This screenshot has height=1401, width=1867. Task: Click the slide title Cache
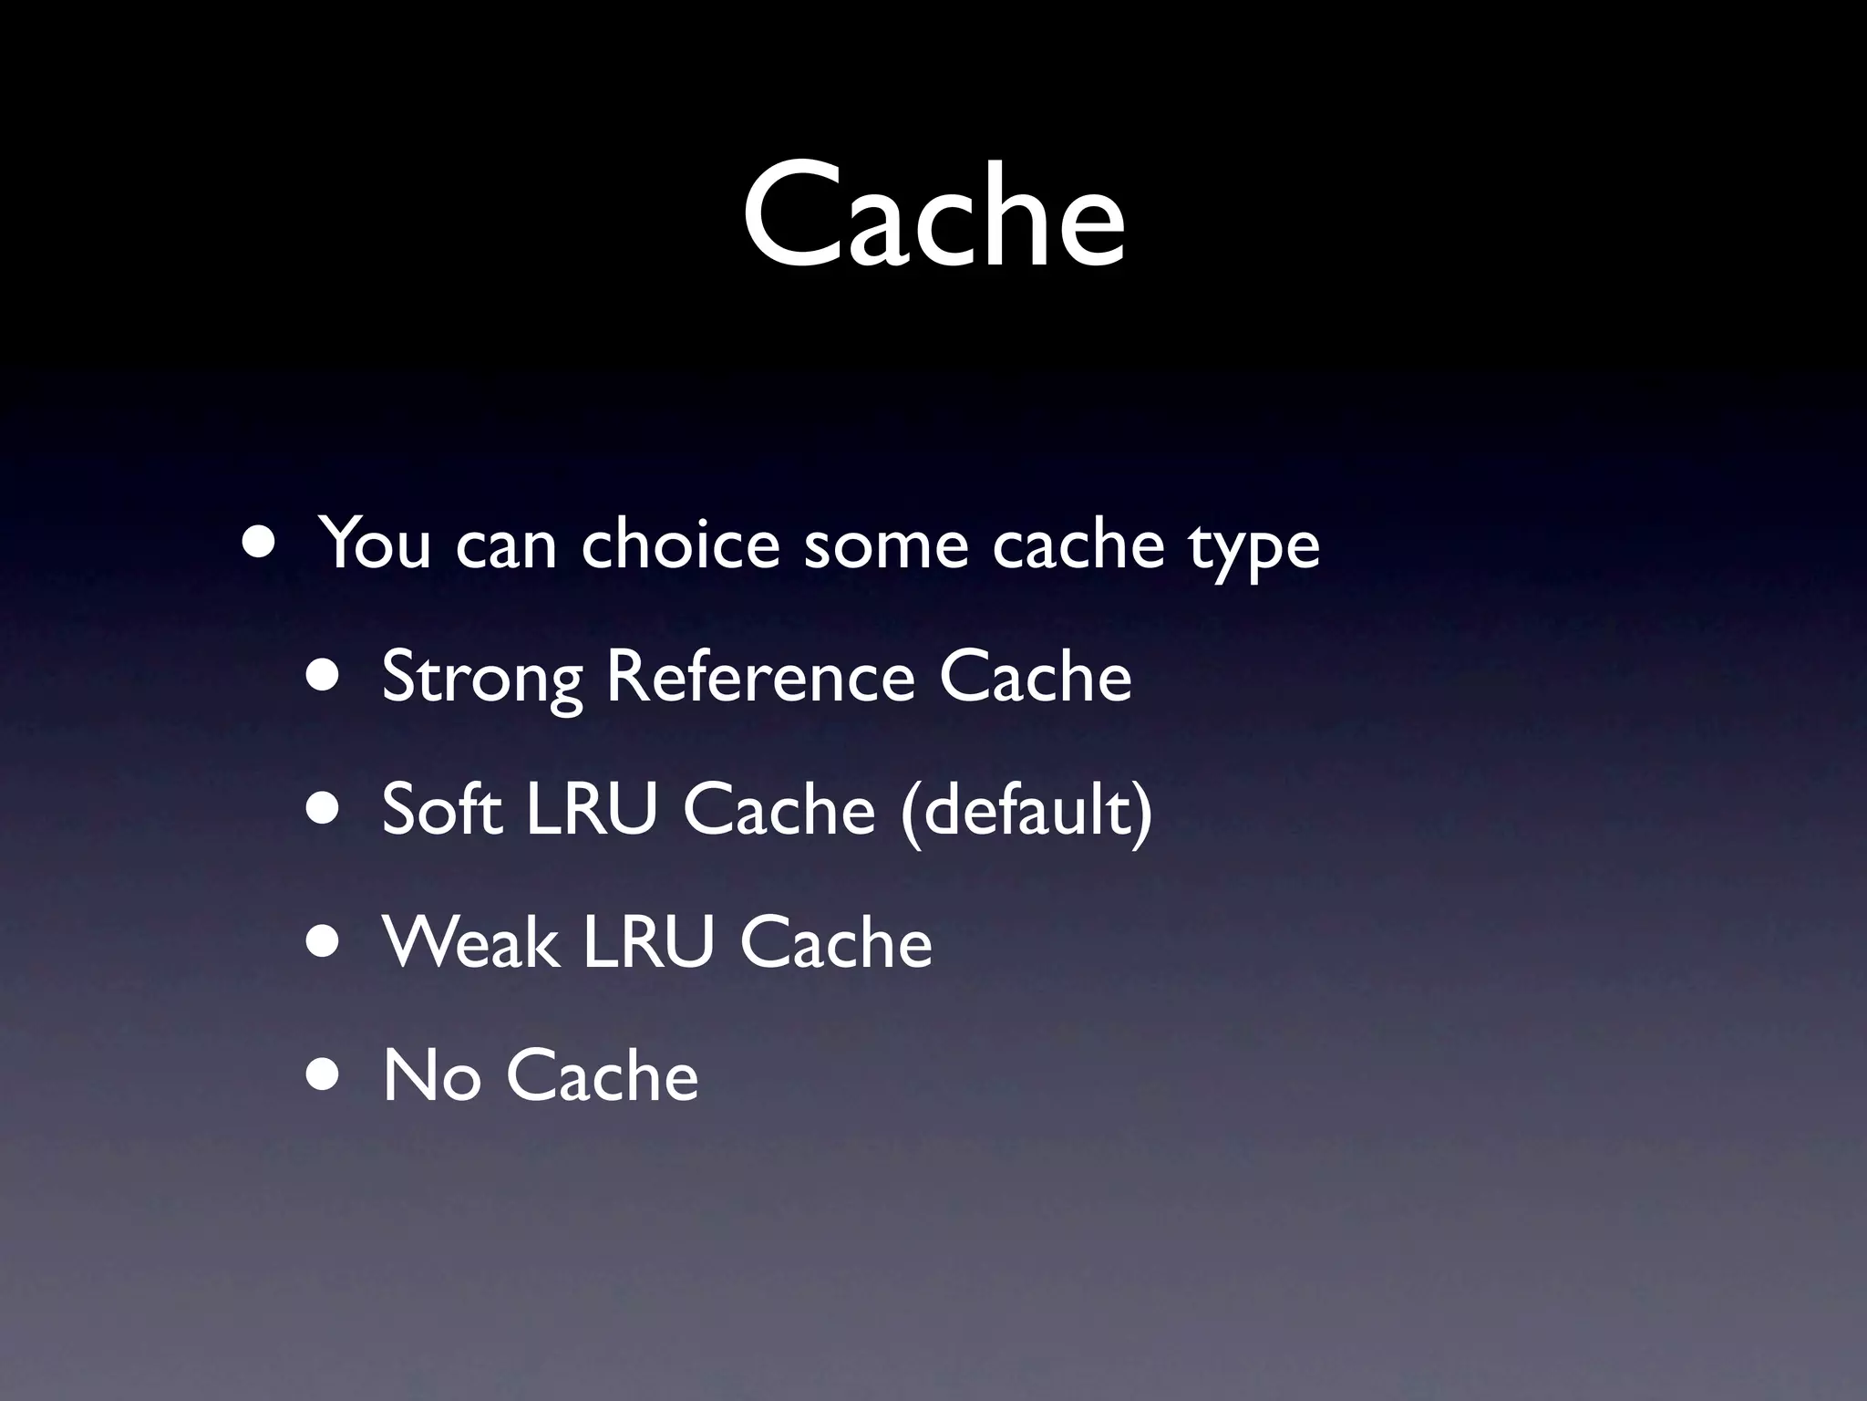tap(933, 215)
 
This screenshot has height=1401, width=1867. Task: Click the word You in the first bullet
tap(376, 545)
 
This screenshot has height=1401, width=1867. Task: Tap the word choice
tap(680, 545)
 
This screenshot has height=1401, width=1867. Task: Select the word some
tap(885, 545)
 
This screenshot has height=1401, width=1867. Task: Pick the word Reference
tap(760, 678)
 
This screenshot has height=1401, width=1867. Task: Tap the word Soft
tap(442, 809)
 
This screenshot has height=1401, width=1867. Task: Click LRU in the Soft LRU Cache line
tap(592, 809)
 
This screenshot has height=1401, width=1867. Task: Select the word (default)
tap(1026, 811)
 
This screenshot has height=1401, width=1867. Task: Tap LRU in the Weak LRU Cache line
tap(648, 942)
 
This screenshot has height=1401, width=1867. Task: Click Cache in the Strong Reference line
tap(1036, 678)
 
